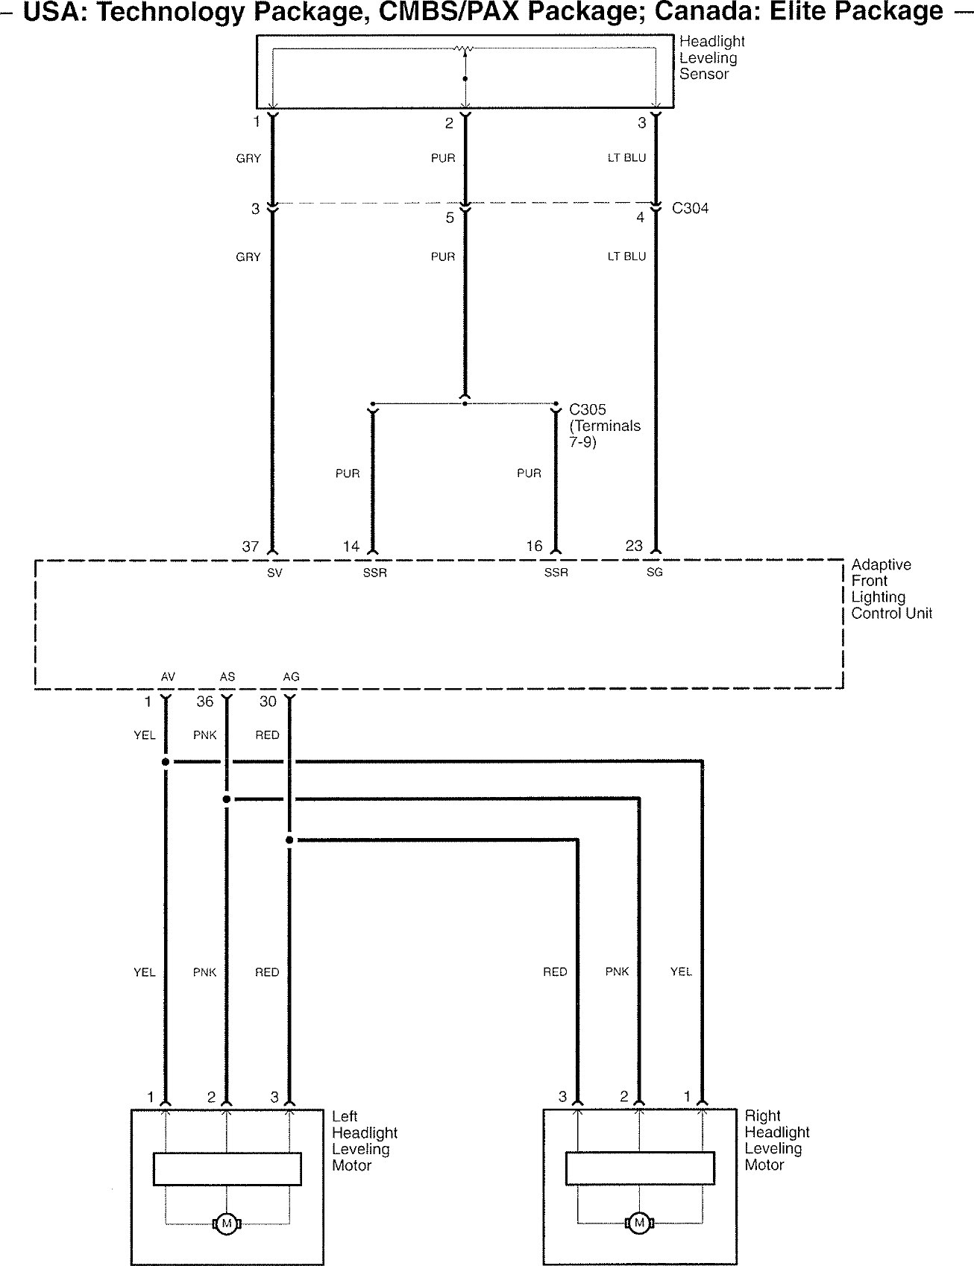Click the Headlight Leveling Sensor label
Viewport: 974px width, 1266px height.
pyautogui.click(x=711, y=57)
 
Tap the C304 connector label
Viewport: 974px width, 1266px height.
pyautogui.click(x=690, y=208)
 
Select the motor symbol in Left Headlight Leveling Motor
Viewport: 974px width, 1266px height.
pyautogui.click(x=226, y=1223)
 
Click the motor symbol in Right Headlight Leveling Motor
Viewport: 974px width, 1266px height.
pyautogui.click(x=638, y=1223)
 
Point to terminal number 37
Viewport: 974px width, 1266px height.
pyautogui.click(x=251, y=547)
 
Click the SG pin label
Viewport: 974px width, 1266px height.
pyautogui.click(x=654, y=572)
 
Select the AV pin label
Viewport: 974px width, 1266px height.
pyautogui.click(x=168, y=676)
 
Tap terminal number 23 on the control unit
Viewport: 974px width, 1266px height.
pyautogui.click(x=634, y=546)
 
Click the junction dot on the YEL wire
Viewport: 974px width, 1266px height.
pyautogui.click(x=166, y=762)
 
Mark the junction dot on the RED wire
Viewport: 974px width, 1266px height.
pyautogui.click(x=289, y=840)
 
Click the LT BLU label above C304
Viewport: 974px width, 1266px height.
pyautogui.click(x=626, y=158)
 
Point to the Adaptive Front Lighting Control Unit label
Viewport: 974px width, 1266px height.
pyautogui.click(x=891, y=589)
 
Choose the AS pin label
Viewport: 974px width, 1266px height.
pyautogui.click(x=227, y=676)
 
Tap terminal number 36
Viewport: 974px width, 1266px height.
pyautogui.click(x=204, y=702)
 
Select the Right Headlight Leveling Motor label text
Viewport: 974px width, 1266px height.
pyautogui.click(x=776, y=1140)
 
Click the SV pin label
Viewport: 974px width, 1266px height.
pyautogui.click(x=274, y=573)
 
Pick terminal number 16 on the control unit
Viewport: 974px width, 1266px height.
pyautogui.click(x=534, y=547)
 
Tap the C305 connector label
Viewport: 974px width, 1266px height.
pyautogui.click(x=588, y=409)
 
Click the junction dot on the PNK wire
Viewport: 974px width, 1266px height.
pyautogui.click(x=227, y=799)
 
